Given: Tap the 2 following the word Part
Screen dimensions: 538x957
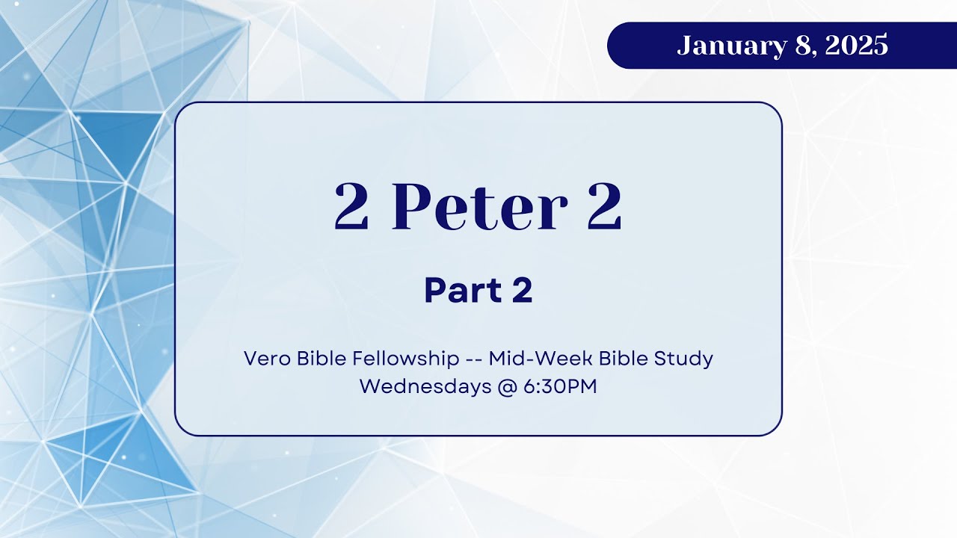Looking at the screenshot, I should [522, 291].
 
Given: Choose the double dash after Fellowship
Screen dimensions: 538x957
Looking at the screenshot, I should [473, 359].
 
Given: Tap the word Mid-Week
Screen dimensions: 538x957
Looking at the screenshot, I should [533, 359].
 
